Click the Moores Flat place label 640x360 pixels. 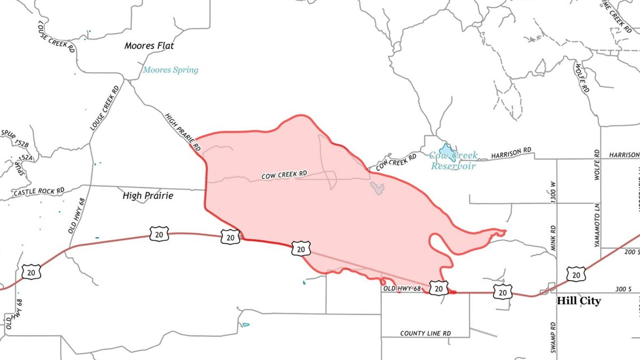coord(149,45)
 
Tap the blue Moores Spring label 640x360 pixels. coord(170,70)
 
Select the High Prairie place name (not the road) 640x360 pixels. coord(148,196)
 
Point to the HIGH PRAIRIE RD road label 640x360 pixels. coord(183,131)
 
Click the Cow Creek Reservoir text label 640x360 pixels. coord(453,161)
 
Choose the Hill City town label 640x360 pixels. coord(578,301)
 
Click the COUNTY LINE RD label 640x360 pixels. coord(425,333)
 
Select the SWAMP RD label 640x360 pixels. coord(554,337)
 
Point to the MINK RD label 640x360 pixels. coord(553,238)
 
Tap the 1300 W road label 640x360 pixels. coord(553,192)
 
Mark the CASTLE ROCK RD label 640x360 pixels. coord(39,192)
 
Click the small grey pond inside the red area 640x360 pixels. coord(377,188)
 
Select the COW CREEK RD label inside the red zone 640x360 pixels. coord(284,175)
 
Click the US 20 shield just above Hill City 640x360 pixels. coord(575,274)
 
